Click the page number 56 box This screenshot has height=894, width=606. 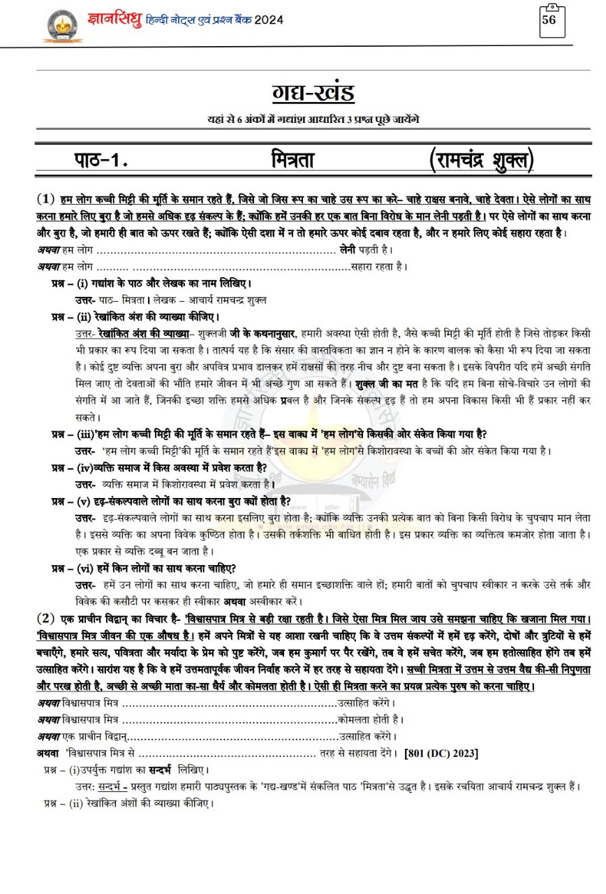coord(549,21)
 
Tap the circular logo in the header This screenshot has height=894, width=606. coord(63,25)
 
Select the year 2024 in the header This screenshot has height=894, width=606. coord(269,20)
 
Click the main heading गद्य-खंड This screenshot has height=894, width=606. coord(313,93)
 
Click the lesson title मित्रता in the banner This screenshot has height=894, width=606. coord(293,160)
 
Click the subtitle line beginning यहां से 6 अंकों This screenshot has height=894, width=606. coord(313,119)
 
